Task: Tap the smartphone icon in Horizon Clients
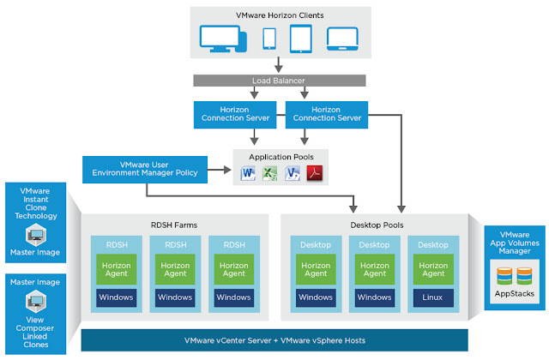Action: pos(268,39)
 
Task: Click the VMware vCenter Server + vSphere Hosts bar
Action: pos(274,340)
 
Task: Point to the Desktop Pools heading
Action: pos(374,225)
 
